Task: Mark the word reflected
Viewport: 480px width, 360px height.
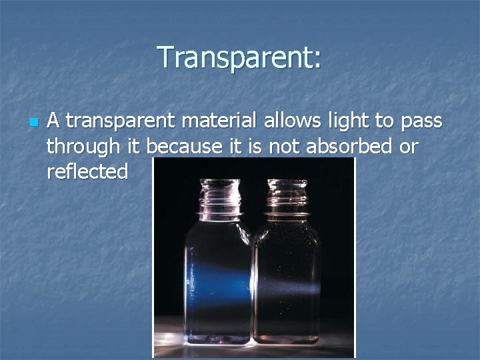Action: (x=87, y=172)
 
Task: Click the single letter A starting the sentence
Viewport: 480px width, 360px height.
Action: (x=55, y=121)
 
